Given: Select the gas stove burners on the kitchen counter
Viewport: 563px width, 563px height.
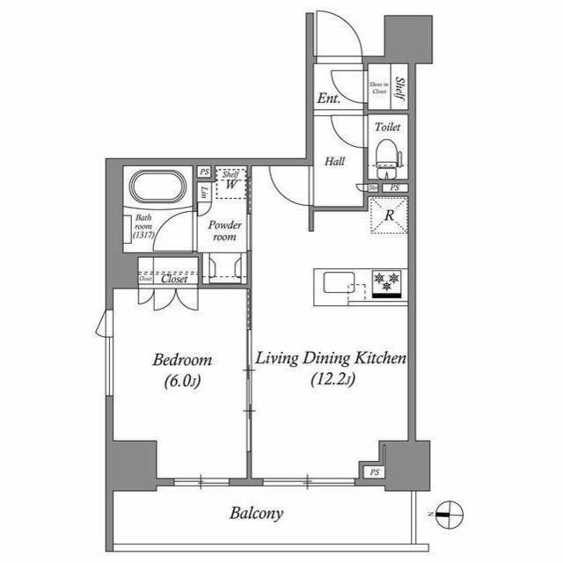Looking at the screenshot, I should [387, 282].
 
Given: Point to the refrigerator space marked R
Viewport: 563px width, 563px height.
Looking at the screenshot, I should [387, 215].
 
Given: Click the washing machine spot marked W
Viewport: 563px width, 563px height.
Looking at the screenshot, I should [230, 185].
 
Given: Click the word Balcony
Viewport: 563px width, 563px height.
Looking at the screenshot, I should [257, 513].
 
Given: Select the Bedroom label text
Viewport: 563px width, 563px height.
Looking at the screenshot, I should [182, 360].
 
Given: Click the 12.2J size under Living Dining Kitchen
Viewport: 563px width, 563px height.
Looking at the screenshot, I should [332, 380].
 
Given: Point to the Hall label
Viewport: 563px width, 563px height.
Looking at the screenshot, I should [334, 162].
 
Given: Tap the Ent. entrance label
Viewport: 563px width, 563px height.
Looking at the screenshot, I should [328, 99].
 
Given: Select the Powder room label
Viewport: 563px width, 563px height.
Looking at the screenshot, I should [224, 230].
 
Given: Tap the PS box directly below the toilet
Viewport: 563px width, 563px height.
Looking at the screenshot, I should [394, 187].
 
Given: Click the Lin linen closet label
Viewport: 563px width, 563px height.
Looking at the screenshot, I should [204, 192].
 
